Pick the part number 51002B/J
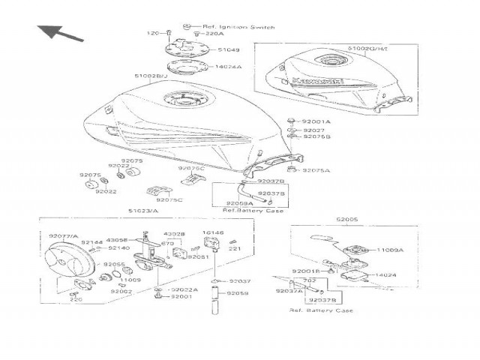[x=151, y=76]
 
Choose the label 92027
[x=313, y=130]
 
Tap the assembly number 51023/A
[x=142, y=211]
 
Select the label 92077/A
[x=64, y=236]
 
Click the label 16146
[x=214, y=233]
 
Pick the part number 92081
[x=199, y=256]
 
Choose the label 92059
[x=238, y=293]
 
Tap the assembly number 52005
[x=347, y=220]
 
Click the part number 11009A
[x=390, y=250]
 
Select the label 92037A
[x=289, y=291]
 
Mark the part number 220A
[x=214, y=34]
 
